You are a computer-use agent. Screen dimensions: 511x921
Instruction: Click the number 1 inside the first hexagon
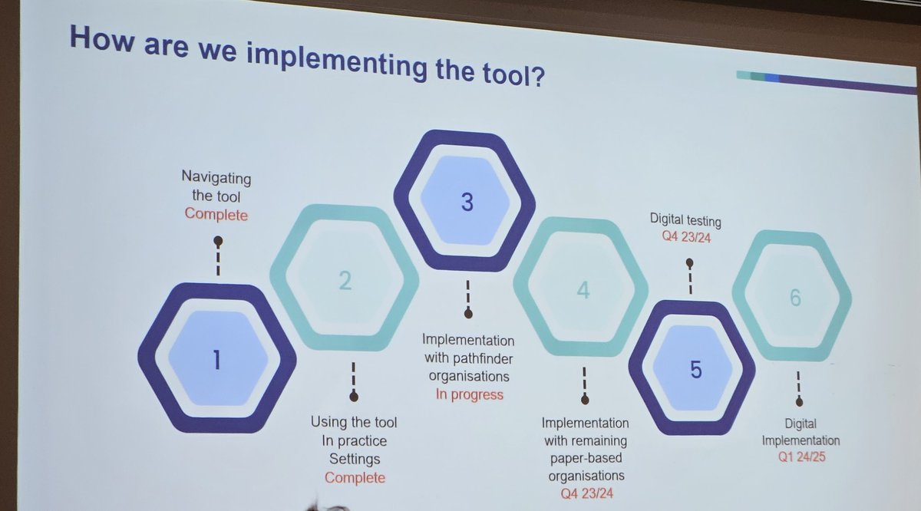217,358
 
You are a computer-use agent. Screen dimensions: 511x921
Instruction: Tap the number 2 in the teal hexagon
345,281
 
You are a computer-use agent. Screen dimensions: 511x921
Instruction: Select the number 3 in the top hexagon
467,203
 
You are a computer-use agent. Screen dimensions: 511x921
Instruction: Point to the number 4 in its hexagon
583,291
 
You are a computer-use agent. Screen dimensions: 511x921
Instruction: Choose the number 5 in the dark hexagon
695,370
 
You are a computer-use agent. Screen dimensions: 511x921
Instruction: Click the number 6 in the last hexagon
795,298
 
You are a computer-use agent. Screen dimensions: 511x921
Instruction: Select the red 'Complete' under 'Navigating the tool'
216,215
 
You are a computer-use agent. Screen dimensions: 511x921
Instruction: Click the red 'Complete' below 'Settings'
355,477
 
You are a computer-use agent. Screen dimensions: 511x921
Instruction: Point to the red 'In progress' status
470,394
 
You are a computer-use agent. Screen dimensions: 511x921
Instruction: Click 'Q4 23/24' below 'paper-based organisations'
585,493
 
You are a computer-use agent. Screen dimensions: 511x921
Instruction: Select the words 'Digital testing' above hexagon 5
685,221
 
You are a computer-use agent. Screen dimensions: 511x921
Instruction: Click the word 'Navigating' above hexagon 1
216,177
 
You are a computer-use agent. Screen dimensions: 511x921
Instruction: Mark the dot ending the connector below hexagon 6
799,401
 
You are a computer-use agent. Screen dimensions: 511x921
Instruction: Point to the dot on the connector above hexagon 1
218,240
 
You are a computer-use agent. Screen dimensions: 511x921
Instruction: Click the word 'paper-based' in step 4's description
585,458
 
